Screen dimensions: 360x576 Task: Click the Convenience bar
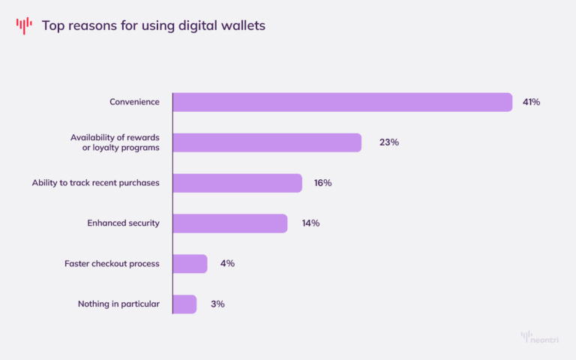coord(342,102)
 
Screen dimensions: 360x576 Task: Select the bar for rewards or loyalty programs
coord(267,142)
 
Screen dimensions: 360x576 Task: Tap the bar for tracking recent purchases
coord(237,183)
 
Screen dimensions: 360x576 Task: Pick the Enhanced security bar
coord(229,223)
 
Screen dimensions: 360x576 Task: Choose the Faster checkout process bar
coord(190,264)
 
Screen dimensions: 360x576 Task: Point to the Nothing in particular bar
coord(184,304)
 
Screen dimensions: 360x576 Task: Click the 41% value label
coord(531,102)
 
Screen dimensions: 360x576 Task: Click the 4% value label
coord(227,264)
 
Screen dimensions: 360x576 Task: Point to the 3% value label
coord(217,304)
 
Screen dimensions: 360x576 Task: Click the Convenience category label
coord(134,102)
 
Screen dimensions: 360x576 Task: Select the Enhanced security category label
coord(123,223)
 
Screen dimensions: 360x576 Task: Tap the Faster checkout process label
coord(112,264)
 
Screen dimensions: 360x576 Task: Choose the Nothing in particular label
coord(118,304)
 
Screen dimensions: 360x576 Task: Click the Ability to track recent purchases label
coord(95,183)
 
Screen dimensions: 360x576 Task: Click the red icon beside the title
coord(24,25)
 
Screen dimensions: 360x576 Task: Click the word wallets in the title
coord(241,26)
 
